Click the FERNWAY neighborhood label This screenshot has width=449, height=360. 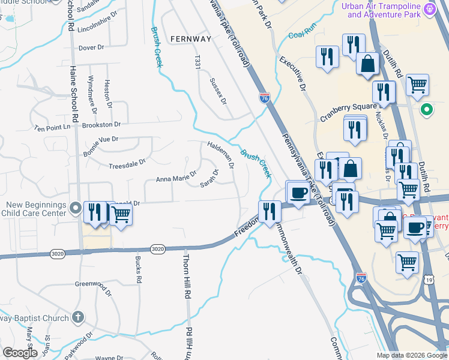pos(190,39)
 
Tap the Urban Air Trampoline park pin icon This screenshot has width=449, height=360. pos(429,9)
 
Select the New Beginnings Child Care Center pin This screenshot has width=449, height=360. pos(76,208)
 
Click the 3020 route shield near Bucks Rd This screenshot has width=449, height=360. pos(157,248)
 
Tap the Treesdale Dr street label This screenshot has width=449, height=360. pos(127,163)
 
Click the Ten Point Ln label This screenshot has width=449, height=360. pos(52,128)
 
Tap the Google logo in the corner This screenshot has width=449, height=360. pos(20,353)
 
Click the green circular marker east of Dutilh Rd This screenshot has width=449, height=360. pos(427,110)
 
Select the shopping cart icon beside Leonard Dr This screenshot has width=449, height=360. pos(121,213)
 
